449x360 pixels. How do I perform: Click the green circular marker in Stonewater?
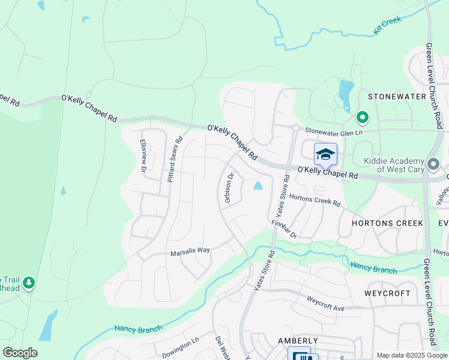pyautogui.click(x=362, y=117)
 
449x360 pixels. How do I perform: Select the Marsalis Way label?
pyautogui.click(x=190, y=251)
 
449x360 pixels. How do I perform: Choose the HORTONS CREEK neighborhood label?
pyautogui.click(x=381, y=223)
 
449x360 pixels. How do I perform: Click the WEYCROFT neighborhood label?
pyautogui.click(x=388, y=293)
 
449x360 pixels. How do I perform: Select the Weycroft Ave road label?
pyautogui.click(x=325, y=302)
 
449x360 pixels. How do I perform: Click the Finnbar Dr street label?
pyautogui.click(x=284, y=230)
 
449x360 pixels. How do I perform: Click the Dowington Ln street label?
pyautogui.click(x=179, y=344)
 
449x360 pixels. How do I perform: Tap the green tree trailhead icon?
pyautogui.click(x=29, y=283)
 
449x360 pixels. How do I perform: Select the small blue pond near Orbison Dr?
pyautogui.click(x=258, y=186)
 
